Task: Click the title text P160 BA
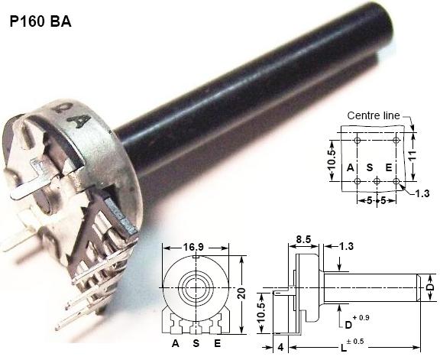point(40,21)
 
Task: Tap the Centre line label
point(374,115)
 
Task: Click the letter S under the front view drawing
point(197,344)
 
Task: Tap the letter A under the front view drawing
point(176,344)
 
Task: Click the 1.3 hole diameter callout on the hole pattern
point(422,193)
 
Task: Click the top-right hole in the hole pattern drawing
point(396,141)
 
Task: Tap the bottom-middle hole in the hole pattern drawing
point(377,181)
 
